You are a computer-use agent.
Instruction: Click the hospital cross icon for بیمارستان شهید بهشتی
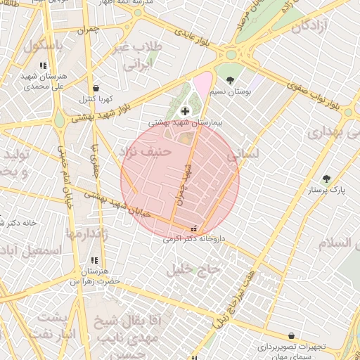pos(185,110)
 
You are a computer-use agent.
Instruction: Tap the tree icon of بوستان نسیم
pos(230,79)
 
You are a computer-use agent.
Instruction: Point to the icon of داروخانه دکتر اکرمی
pos(194,228)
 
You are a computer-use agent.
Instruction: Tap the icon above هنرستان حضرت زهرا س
pos(94,260)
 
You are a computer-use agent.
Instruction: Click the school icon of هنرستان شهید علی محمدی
pos(53,65)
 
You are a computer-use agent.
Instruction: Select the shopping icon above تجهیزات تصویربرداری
pos(290,336)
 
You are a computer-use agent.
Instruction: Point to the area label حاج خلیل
pos(193,269)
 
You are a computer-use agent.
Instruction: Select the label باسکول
pos(42,47)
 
